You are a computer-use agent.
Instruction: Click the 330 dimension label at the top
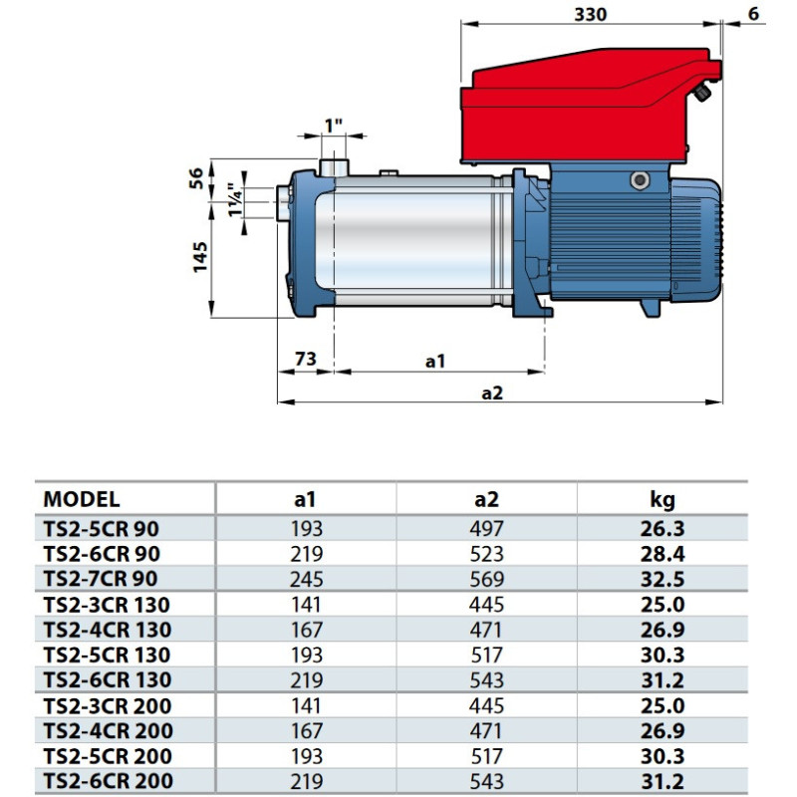coord(590,14)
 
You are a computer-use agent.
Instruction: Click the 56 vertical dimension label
coord(197,177)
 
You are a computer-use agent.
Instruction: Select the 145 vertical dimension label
coord(199,257)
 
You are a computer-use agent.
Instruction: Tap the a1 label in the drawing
coord(435,362)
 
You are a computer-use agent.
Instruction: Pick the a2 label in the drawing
coord(492,394)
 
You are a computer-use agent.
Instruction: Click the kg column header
coord(663,499)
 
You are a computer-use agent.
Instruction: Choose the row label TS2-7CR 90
coord(100,578)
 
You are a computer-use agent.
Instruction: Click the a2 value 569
coord(488,578)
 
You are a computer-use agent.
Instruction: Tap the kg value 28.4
coord(663,553)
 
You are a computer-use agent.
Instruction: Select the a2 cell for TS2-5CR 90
coord(488,528)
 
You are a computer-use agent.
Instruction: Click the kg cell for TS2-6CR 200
coord(663,782)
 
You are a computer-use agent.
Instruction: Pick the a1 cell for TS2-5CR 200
coord(307,757)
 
